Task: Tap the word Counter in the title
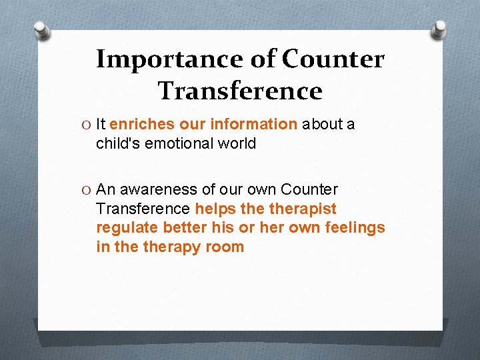point(333,60)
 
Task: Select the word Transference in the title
point(240,91)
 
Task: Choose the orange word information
point(253,124)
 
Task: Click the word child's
point(119,143)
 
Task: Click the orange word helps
point(215,209)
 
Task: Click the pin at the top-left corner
point(41,29)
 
